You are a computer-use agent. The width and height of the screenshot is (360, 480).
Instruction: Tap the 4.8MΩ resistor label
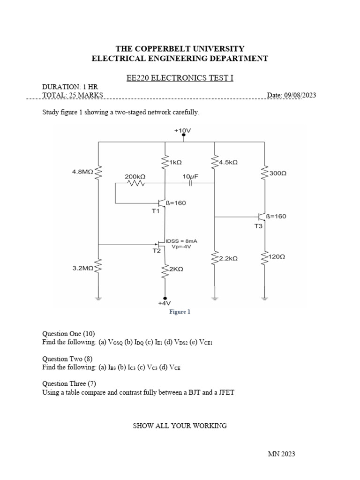point(82,172)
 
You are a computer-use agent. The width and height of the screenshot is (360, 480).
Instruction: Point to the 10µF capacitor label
point(190,176)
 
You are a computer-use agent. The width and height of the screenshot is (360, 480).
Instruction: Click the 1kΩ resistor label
point(175,162)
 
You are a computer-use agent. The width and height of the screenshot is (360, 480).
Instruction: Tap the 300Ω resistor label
point(278,173)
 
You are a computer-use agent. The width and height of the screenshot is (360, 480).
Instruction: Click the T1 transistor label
point(156,211)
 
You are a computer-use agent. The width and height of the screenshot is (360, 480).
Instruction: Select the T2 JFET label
point(157,251)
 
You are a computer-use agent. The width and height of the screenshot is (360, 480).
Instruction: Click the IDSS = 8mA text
point(181,240)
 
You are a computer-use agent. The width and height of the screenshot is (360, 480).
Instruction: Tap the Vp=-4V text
point(181,247)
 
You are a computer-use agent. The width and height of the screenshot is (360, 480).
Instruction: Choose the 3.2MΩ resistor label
point(82,268)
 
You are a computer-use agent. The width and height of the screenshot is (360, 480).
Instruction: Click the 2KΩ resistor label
point(176,270)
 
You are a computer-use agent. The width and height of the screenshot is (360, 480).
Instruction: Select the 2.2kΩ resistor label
point(228,258)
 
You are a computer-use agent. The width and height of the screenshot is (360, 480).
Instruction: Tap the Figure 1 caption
point(180,312)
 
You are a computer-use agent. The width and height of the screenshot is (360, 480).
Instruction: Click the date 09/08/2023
point(298,95)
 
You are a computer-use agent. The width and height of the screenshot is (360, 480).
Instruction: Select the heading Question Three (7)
point(68,383)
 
